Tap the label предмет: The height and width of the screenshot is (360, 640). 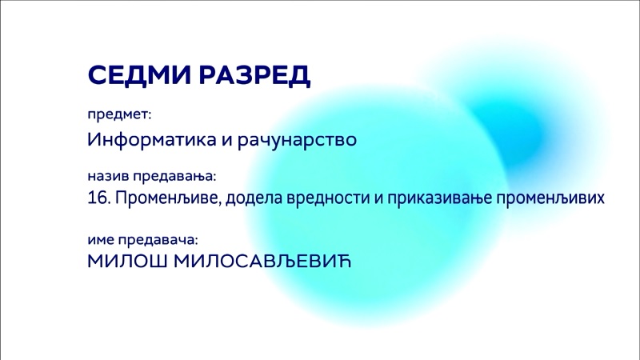click(x=119, y=115)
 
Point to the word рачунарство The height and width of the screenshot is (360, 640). click(x=297, y=140)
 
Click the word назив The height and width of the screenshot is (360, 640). click(x=108, y=176)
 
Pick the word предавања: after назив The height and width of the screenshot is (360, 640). click(x=174, y=177)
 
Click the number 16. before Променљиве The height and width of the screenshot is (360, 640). click(x=99, y=198)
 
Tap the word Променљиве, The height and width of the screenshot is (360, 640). click(x=169, y=198)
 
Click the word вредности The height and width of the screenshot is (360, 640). click(x=329, y=198)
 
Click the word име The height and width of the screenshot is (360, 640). click(x=101, y=240)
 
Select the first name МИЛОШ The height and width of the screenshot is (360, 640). click(x=128, y=262)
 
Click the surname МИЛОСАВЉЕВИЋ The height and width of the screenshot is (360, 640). click(x=262, y=262)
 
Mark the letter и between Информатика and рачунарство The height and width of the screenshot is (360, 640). click(x=227, y=141)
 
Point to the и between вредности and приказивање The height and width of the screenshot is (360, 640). click(x=378, y=199)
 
